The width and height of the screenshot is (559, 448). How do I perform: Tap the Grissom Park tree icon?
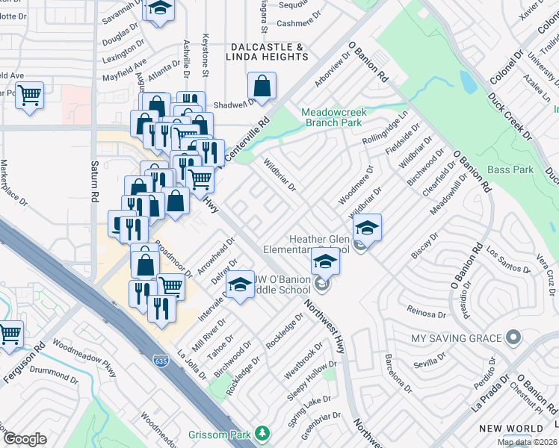tap(262, 432)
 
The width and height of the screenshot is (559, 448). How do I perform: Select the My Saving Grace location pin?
tap(513, 339)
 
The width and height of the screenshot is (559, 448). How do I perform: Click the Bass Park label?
tap(510, 170)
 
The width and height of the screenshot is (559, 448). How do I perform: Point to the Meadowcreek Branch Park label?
tap(333, 118)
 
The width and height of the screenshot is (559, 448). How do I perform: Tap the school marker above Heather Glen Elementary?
tap(367, 227)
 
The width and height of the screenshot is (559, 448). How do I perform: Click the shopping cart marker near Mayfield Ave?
tap(29, 95)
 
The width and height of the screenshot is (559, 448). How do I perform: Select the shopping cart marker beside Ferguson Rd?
tap(10, 335)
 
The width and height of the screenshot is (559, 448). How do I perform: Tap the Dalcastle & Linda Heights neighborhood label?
tap(265, 52)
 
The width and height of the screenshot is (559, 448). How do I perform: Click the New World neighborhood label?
tap(511, 428)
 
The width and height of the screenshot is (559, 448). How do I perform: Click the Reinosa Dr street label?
tap(426, 309)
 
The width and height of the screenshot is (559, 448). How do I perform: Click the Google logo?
tap(25, 439)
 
